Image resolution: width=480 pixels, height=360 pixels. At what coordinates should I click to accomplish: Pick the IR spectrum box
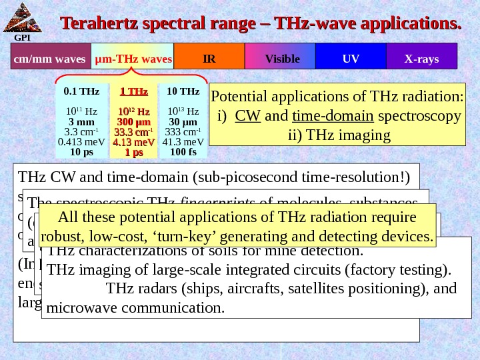click(209, 59)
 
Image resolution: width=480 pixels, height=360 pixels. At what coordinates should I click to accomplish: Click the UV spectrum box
click(351, 59)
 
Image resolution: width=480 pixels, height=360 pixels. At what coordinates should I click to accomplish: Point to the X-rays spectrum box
click(421, 59)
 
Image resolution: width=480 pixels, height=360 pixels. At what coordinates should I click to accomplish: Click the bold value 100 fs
click(183, 151)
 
